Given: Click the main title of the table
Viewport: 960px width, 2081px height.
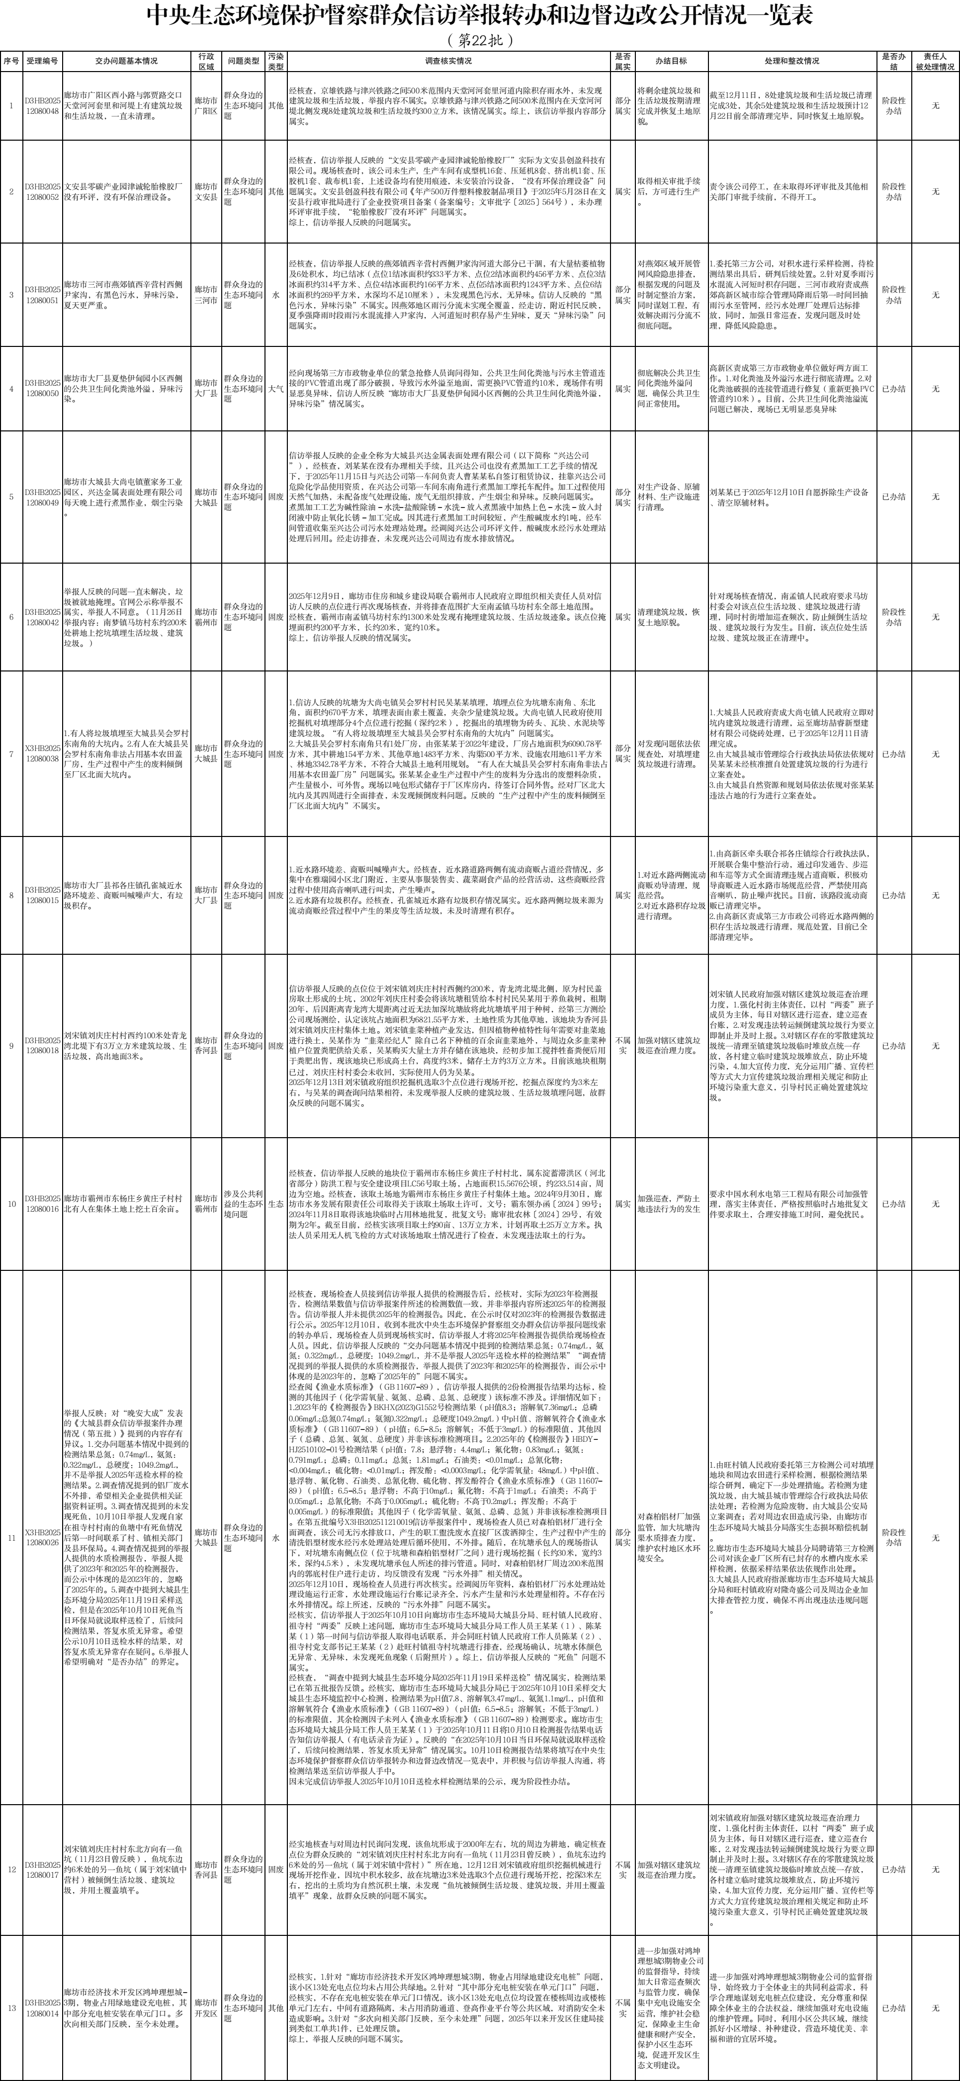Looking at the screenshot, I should [x=480, y=16].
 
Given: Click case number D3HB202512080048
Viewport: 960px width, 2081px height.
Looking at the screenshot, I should [x=42, y=106].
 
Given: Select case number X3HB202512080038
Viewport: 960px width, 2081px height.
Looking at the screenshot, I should [x=42, y=753].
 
